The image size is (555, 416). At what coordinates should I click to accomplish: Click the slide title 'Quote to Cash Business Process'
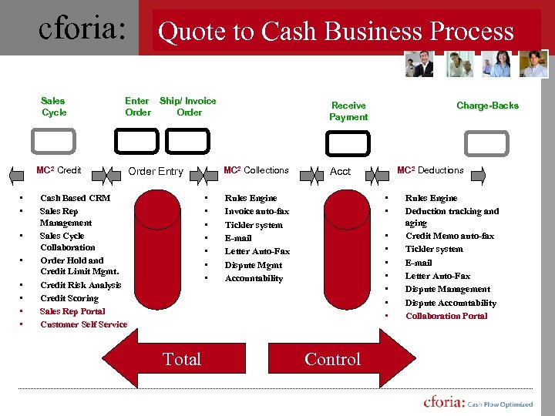335,32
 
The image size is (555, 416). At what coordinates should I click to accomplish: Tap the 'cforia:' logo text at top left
82,29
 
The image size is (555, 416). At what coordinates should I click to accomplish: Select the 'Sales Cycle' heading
53,106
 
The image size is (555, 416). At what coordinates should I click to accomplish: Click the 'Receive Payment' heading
348,111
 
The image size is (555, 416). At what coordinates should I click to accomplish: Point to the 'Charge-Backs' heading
487,106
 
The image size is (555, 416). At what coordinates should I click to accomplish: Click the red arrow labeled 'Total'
183,359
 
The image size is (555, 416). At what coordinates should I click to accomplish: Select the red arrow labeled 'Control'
332,359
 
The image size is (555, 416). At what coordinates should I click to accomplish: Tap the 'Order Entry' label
155,171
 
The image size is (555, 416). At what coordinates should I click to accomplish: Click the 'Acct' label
340,171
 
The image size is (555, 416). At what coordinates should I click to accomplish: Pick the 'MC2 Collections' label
256,170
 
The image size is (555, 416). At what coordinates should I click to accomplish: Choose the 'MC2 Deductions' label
430,170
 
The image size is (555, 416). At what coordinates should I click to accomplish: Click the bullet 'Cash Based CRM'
75,198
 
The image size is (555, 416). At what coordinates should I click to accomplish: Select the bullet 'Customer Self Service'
83,324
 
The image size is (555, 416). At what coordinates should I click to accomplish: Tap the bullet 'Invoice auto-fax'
257,211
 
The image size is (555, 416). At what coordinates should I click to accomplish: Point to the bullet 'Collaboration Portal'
446,316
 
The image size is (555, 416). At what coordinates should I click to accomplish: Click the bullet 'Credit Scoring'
69,298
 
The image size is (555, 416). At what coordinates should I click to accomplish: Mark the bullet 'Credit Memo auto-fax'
449,236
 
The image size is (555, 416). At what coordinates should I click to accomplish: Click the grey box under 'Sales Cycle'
53,141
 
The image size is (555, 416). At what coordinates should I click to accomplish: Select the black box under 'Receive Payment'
348,143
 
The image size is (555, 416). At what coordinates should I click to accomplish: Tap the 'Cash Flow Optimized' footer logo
478,403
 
